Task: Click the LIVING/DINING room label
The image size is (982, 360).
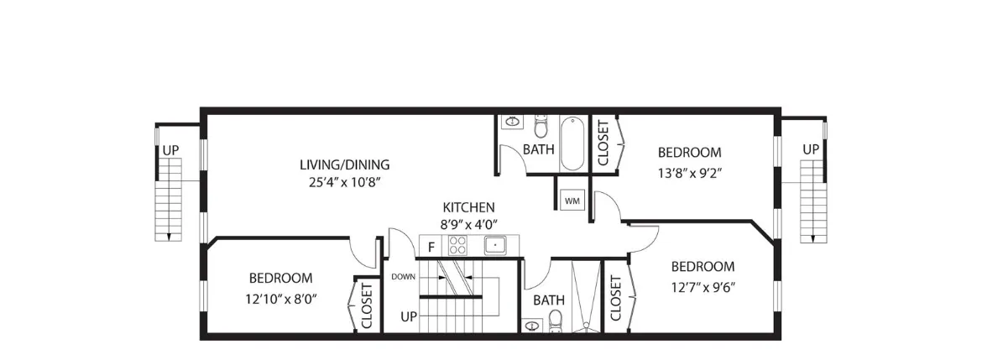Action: [x=344, y=164]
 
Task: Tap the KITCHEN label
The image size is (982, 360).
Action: [x=468, y=207]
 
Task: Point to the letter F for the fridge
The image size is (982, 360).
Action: [x=431, y=247]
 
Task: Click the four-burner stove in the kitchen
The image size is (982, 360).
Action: [x=458, y=246]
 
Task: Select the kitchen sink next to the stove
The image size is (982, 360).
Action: [x=496, y=246]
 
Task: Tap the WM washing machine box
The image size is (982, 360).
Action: [x=572, y=201]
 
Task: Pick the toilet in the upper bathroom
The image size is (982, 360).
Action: [x=541, y=126]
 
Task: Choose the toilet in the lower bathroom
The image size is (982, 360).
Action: [x=555, y=321]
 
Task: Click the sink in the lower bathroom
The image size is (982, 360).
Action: [x=531, y=325]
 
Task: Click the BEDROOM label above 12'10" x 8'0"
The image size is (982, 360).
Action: [x=280, y=278]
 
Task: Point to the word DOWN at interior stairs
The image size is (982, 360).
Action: [x=403, y=276]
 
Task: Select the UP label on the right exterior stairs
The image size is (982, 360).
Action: [x=810, y=149]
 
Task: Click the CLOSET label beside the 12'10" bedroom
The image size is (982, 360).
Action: [x=367, y=306]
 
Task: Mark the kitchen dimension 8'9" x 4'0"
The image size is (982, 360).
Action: [x=468, y=224]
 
